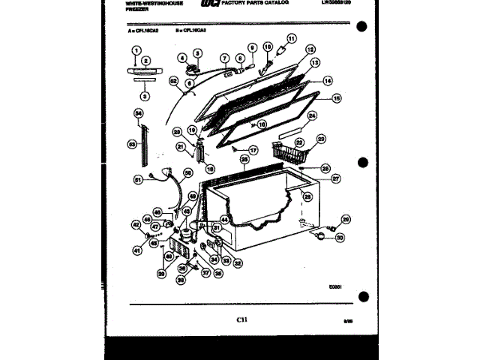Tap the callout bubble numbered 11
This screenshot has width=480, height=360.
(291, 38)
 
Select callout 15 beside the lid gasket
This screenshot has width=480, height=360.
(336, 97)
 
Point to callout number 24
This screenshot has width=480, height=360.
(312, 115)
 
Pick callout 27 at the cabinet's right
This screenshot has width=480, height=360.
(335, 178)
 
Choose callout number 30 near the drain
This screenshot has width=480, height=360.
(340, 238)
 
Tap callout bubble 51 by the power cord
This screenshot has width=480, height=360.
(138, 179)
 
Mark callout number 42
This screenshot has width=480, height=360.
(136, 223)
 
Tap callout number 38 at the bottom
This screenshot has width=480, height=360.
(180, 279)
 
